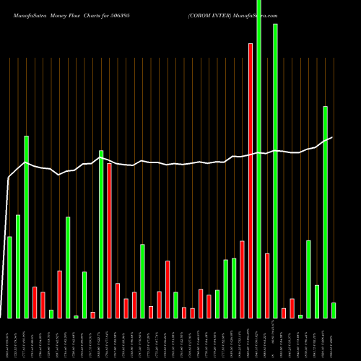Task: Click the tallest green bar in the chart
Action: coord(258,159)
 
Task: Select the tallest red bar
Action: coord(251,180)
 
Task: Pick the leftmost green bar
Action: coord(10,277)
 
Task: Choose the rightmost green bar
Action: coord(334,310)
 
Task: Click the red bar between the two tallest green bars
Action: coord(267,286)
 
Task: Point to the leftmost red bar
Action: coord(35,303)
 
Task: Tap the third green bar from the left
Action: coord(27,227)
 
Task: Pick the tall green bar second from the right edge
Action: coord(325,212)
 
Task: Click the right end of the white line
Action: coord(332,137)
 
